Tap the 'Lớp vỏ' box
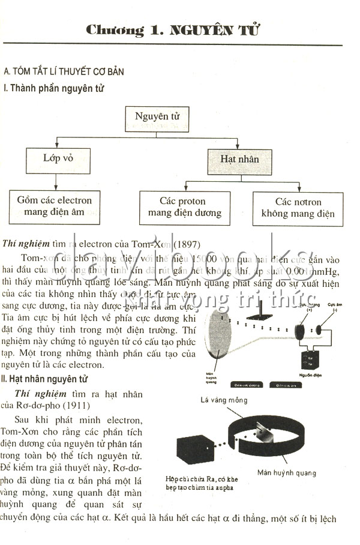[x=58, y=160]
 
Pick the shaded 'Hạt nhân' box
[x=239, y=160]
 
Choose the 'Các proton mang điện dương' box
[x=185, y=208]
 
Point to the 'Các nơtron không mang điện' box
[x=298, y=208]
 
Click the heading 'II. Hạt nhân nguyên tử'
[x=45, y=379]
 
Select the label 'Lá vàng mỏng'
[x=225, y=400]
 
